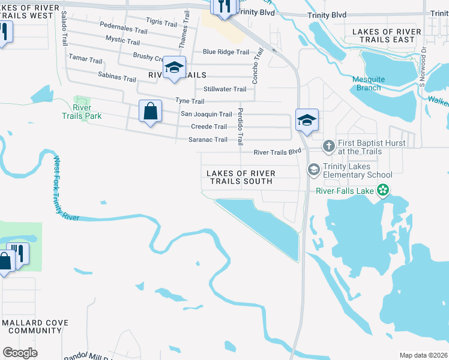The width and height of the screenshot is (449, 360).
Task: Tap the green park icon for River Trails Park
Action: (x=79, y=100)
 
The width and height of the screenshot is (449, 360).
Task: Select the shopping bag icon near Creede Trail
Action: (x=150, y=111)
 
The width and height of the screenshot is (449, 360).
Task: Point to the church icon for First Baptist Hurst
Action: (x=328, y=145)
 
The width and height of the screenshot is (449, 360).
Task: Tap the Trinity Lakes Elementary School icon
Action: (x=313, y=170)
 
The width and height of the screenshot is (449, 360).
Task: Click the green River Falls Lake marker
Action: (x=383, y=191)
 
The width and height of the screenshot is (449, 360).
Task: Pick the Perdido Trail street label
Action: (x=240, y=127)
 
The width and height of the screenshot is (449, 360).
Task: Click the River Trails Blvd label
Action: (x=277, y=152)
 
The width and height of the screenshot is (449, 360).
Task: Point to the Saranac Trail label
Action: (x=208, y=140)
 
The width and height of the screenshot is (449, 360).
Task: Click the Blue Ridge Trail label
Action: (x=226, y=52)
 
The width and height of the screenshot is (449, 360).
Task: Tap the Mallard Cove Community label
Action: (x=35, y=326)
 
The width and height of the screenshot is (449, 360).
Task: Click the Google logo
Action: (x=20, y=353)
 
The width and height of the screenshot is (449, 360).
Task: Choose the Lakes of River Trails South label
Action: (x=241, y=177)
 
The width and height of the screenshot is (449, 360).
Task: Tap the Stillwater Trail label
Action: (x=224, y=89)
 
